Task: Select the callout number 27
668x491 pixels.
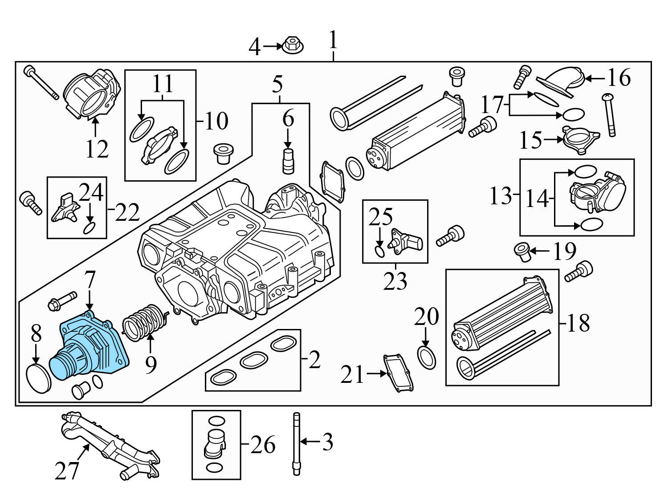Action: [67, 470]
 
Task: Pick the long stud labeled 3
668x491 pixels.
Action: [297, 443]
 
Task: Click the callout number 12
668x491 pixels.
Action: [97, 149]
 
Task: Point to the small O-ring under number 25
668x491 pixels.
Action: [379, 252]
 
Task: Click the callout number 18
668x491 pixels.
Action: [578, 324]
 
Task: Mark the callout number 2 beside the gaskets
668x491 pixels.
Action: [314, 359]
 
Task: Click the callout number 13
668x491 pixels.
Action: [501, 195]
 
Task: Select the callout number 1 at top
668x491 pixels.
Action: [333, 41]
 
